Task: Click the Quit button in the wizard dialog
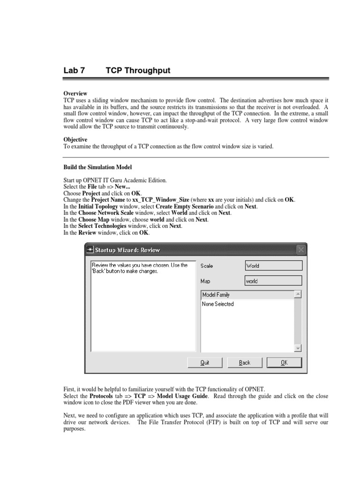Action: (x=204, y=362)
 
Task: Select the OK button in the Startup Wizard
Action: (x=284, y=362)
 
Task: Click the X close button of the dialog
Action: (x=301, y=250)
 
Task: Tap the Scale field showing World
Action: (x=274, y=266)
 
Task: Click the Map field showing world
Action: (x=274, y=281)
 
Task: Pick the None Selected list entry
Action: (x=217, y=304)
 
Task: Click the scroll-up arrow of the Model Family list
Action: (x=298, y=295)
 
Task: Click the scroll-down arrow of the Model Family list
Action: (x=298, y=348)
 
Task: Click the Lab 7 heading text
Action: (x=74, y=71)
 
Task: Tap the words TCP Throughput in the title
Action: (x=138, y=71)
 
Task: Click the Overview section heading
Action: (x=75, y=94)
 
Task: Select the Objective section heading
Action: (x=75, y=140)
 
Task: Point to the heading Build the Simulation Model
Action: (x=97, y=167)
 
